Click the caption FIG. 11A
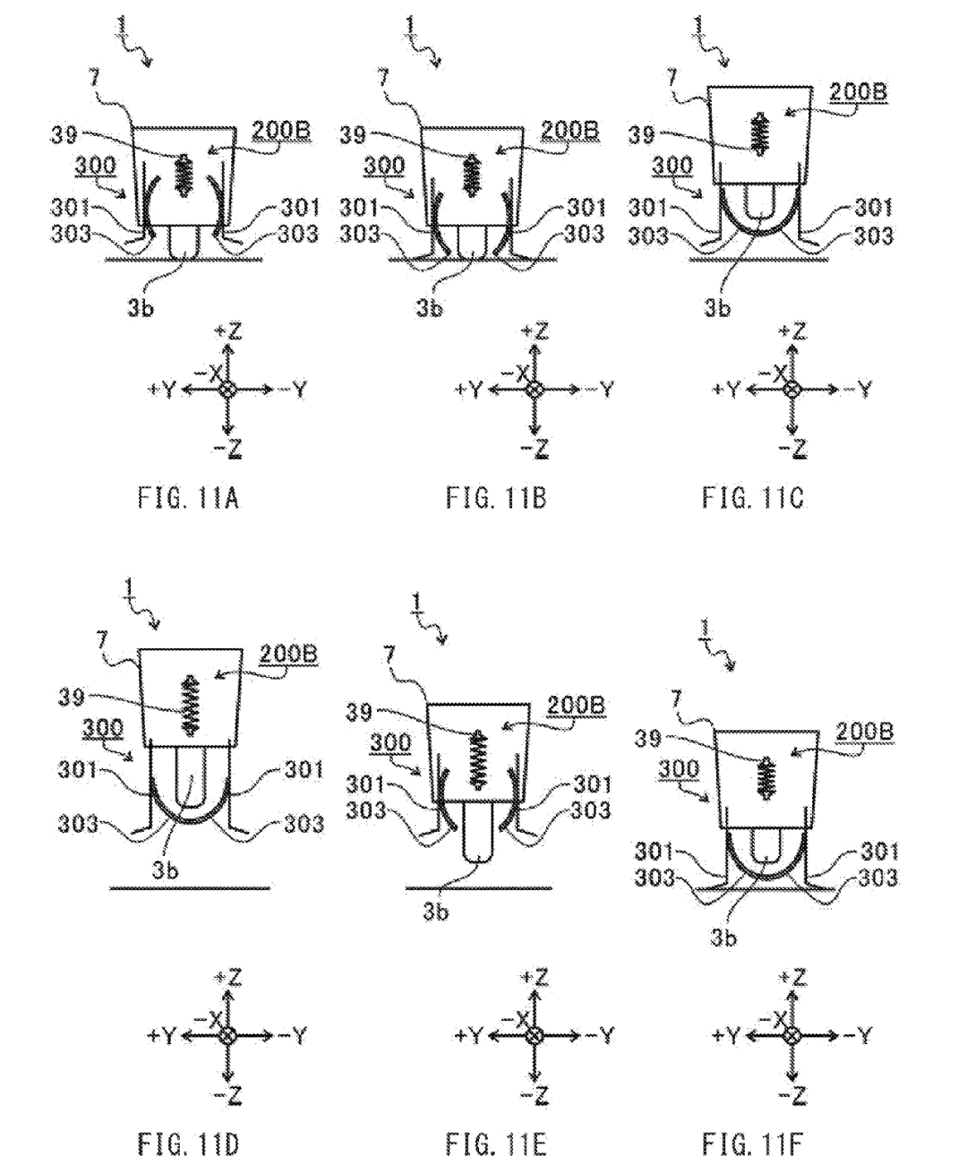[189, 498]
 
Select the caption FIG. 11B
[495, 498]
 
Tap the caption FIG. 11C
[753, 498]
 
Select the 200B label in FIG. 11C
[858, 92]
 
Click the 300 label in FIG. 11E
[390, 742]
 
